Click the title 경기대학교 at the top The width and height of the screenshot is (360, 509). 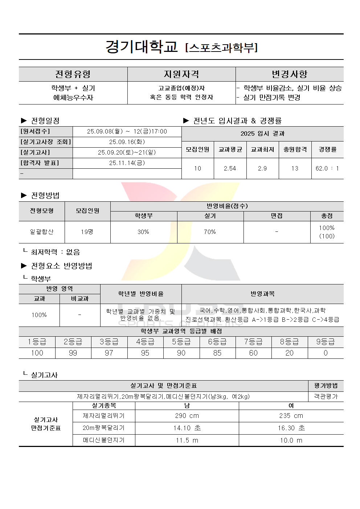142,47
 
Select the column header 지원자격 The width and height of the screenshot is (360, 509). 181,74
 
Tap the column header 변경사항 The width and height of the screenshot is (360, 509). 290,74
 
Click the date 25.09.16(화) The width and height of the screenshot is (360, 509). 127,142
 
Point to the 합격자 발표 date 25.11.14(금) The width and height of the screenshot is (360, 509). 127,163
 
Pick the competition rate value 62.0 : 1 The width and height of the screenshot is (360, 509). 327,168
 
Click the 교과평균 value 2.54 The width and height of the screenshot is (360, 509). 230,168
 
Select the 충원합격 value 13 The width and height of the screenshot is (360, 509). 295,168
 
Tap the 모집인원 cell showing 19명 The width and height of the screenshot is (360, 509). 87,232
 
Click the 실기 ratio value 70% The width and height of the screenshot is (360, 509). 210,232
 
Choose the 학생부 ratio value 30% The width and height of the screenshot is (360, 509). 143,232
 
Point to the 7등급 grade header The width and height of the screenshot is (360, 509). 253,342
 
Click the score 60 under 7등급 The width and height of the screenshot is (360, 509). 253,353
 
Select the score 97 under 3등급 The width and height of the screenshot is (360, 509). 109,353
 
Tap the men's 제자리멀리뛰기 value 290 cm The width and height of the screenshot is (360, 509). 187,416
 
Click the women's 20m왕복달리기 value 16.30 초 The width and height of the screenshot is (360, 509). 291,428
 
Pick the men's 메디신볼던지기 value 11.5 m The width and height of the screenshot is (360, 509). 187,440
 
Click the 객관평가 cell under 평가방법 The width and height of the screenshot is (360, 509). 326,397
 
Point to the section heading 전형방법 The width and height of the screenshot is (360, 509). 45,196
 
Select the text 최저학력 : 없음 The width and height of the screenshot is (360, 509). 55,252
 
